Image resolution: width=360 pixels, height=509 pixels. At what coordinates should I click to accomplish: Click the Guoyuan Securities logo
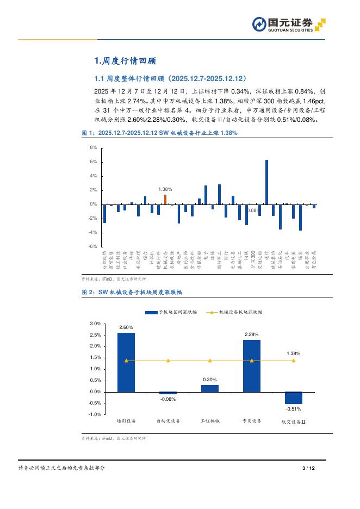tap(289, 24)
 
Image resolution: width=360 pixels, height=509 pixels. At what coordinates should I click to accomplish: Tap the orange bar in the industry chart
tap(165, 199)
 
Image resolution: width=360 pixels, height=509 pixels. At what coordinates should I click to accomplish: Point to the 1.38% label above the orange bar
tap(165, 189)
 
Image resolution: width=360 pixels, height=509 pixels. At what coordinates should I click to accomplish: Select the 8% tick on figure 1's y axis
tap(93, 147)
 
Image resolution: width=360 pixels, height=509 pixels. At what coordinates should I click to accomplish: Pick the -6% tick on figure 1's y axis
tap(93, 246)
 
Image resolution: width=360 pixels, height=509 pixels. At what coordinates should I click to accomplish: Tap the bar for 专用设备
tap(252, 365)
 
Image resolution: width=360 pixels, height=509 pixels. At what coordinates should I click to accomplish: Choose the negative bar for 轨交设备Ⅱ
tap(294, 398)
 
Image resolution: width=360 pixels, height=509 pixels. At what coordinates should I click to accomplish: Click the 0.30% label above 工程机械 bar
tap(210, 380)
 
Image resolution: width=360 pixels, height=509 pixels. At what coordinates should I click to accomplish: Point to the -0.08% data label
tap(168, 399)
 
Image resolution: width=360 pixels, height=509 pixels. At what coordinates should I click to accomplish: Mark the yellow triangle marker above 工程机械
tap(210, 361)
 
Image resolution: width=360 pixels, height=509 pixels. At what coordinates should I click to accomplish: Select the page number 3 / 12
tap(308, 468)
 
